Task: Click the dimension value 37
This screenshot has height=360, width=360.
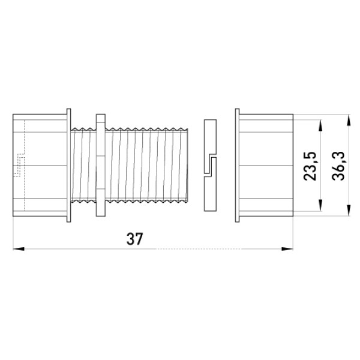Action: click(135, 239)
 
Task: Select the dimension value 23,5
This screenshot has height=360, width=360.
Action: click(310, 166)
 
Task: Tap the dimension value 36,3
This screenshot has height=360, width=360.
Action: click(338, 166)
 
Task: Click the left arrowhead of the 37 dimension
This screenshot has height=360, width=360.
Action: click(19, 249)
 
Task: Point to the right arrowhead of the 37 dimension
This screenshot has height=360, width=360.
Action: click(287, 249)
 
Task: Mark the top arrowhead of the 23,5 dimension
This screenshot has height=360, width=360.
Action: click(320, 125)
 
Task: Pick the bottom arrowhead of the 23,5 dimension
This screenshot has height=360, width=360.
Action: click(320, 205)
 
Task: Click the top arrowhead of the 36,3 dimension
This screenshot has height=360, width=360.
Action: click(349, 120)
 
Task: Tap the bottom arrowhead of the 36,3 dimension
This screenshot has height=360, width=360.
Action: click(349, 211)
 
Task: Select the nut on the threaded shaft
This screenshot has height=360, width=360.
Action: click(101, 166)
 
